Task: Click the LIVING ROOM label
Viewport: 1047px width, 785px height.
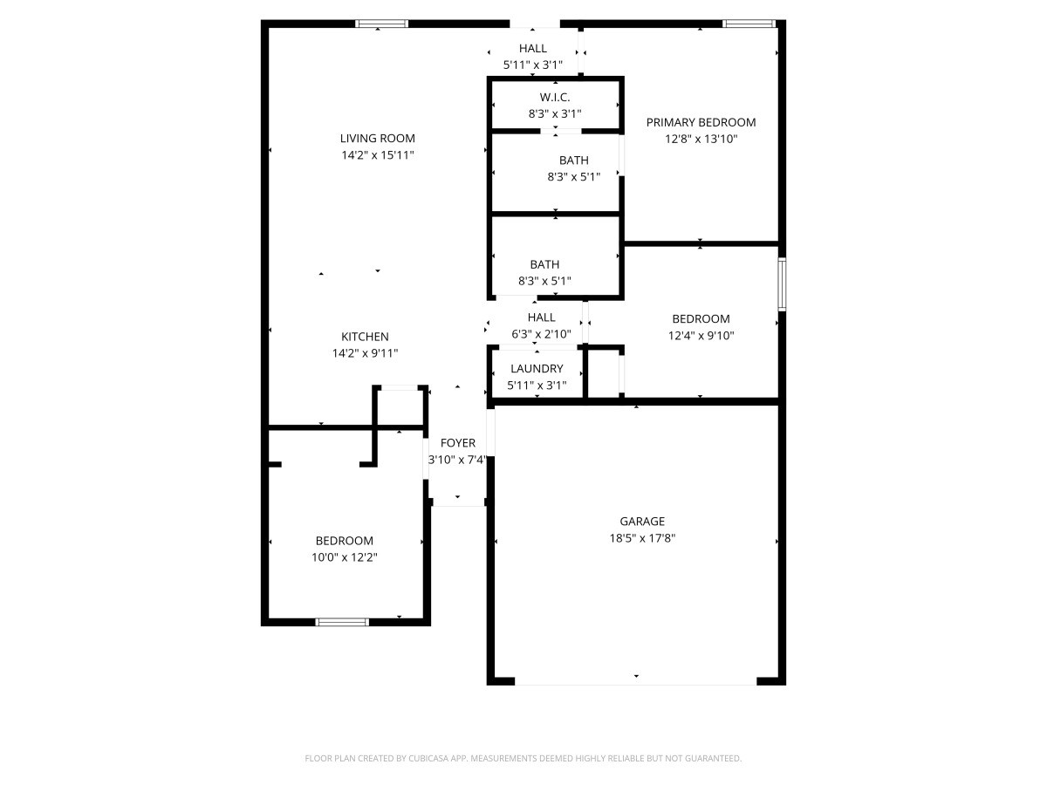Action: tap(377, 138)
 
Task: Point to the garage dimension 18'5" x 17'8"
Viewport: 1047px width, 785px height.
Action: tap(642, 538)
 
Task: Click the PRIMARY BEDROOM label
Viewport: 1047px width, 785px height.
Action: tap(701, 122)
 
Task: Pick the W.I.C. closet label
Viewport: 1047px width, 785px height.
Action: tap(555, 97)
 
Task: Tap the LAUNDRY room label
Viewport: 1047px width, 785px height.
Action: tap(537, 368)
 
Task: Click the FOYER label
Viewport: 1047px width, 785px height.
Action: tap(458, 443)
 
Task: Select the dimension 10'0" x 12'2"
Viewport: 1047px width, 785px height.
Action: tap(345, 557)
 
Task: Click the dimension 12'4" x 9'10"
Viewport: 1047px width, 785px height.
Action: tap(701, 335)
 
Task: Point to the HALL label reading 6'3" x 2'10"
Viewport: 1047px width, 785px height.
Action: tap(541, 317)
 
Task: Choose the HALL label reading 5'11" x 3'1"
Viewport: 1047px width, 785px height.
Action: tap(533, 49)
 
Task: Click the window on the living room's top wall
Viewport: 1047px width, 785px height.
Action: tap(381, 24)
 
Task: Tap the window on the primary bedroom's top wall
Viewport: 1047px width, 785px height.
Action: tap(749, 24)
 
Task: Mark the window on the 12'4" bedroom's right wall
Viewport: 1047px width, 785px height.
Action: tap(783, 284)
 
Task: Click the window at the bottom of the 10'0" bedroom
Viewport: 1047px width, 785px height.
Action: tap(342, 622)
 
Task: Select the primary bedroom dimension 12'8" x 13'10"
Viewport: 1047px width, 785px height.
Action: tap(701, 139)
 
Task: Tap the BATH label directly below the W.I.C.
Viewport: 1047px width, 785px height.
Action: tap(573, 160)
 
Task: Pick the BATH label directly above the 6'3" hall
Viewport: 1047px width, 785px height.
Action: tap(544, 264)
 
